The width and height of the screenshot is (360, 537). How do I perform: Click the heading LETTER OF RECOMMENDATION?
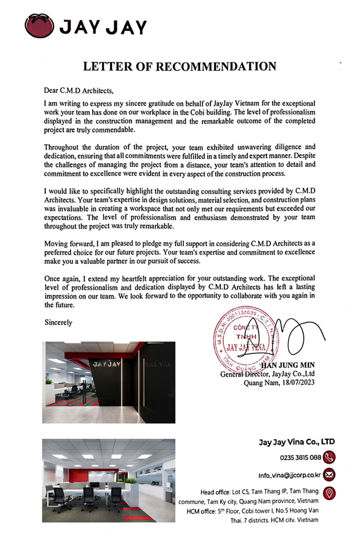pos(180,67)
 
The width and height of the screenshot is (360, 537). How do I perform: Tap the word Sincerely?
pos(58,322)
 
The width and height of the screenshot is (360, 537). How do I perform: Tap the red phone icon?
pos(329,457)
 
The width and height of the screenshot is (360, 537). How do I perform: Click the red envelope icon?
pos(329,474)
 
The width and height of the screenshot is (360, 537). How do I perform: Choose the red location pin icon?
pos(329,492)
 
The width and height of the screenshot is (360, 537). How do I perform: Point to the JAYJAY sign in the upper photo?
pos(106,364)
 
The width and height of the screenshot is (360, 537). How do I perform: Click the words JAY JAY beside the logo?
pos(104,27)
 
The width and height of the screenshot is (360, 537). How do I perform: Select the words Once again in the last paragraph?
pos(60,278)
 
